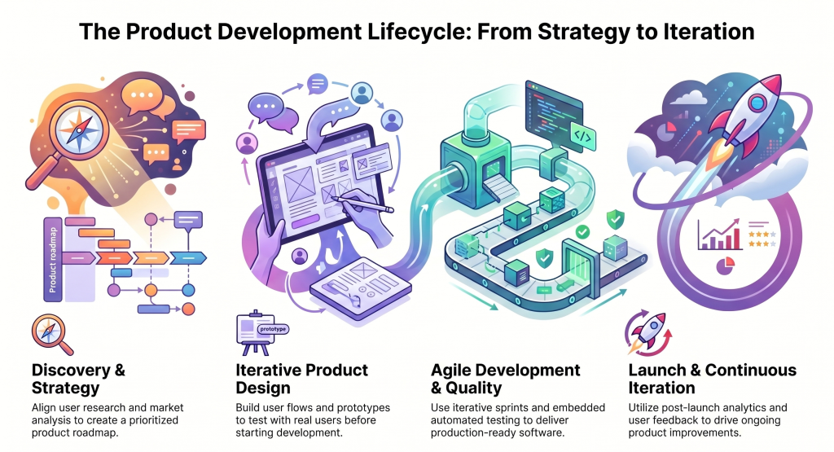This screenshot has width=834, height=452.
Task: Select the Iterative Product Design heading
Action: [301, 379]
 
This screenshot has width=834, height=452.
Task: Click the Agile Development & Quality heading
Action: [505, 379]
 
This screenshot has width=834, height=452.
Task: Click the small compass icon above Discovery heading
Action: [46, 334]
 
